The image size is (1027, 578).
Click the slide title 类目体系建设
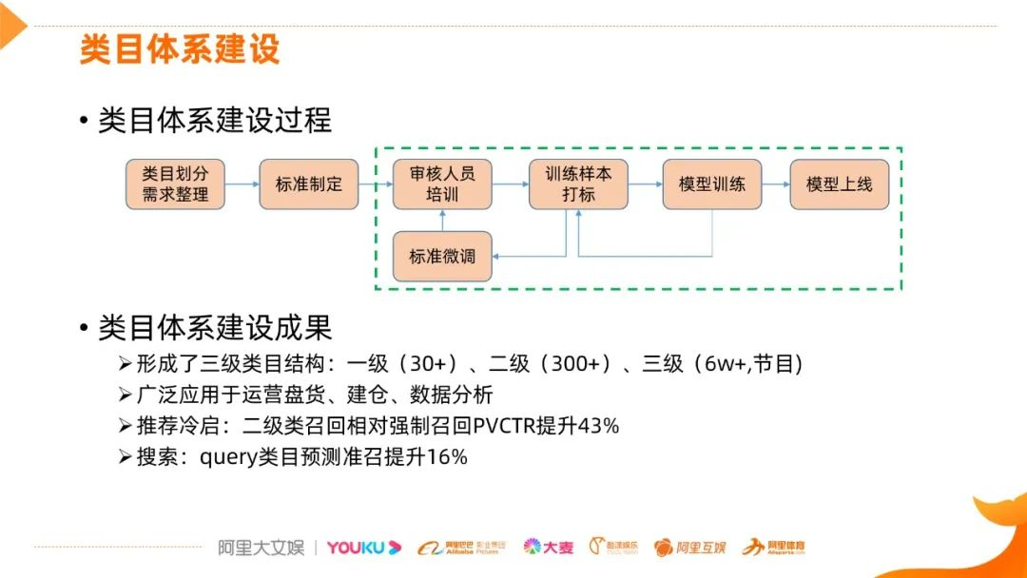point(180,48)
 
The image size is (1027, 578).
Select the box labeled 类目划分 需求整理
point(176,184)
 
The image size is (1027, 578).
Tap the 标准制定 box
point(309,184)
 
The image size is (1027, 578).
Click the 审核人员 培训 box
point(442,184)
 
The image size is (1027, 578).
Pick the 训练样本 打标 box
point(578,184)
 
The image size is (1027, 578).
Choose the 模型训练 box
point(711,184)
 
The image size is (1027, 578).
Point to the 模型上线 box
point(839,184)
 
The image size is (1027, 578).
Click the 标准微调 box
point(442,256)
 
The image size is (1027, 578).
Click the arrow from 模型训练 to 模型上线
point(774,184)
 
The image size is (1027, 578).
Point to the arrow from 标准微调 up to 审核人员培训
point(442,221)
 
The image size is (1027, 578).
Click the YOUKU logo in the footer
point(364,547)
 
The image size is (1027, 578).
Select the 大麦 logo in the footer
point(549,547)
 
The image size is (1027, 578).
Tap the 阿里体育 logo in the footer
point(774,547)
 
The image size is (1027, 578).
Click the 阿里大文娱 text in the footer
point(261,547)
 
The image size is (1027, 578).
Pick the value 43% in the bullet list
point(598,426)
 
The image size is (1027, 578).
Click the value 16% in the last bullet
point(447,457)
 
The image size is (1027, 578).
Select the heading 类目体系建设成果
point(215,328)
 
